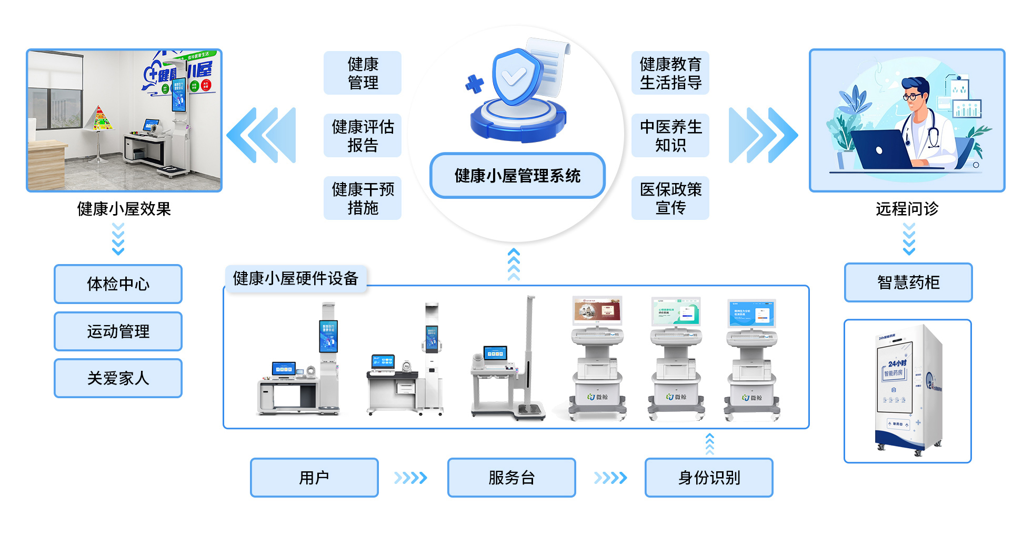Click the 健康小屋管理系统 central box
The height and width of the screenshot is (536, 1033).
517,176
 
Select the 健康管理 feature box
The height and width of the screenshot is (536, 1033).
363,73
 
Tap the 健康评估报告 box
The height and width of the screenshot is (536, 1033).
363,136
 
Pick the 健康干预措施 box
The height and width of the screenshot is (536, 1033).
363,198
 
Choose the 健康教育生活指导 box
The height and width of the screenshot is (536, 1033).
670,73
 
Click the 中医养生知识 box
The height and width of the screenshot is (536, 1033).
670,136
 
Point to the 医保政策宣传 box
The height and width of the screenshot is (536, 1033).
670,198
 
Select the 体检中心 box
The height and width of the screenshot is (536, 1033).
118,284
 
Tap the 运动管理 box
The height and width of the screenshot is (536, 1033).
118,331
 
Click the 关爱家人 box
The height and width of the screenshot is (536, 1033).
118,378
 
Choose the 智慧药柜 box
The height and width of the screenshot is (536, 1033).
908,282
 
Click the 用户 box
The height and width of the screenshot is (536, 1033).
314,478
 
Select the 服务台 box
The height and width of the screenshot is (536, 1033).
512,478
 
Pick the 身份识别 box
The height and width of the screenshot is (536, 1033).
709,478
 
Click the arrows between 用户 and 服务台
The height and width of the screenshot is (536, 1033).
410,478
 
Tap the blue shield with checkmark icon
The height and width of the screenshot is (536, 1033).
516,77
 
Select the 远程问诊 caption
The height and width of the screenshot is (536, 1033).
907,209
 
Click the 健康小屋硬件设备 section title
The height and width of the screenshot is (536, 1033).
296,278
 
